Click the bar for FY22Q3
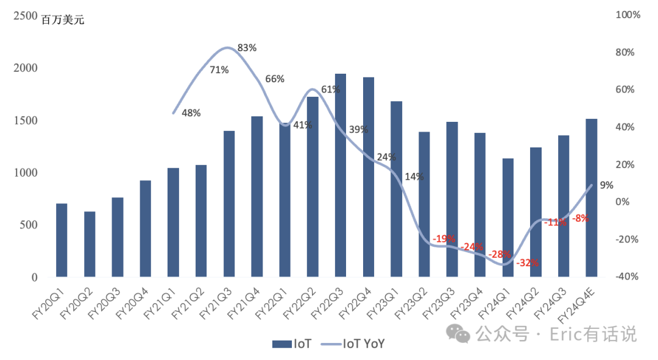(x=341, y=175)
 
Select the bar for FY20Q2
(x=90, y=244)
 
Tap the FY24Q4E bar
(x=591, y=198)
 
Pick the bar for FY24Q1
(x=508, y=217)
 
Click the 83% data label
(x=247, y=48)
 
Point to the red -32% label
(x=528, y=263)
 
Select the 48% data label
(x=191, y=113)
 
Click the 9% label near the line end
(x=606, y=185)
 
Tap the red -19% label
(x=444, y=239)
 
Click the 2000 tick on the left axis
(x=25, y=68)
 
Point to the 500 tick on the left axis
(x=29, y=225)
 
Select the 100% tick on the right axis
(x=628, y=15)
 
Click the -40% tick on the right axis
(x=627, y=277)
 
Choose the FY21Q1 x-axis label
(x=160, y=304)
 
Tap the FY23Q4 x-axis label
(x=467, y=304)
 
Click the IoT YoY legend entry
(x=353, y=344)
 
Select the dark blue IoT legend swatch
(x=282, y=344)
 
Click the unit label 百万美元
(x=63, y=19)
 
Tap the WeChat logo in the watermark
(x=458, y=334)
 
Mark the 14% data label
(x=414, y=177)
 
